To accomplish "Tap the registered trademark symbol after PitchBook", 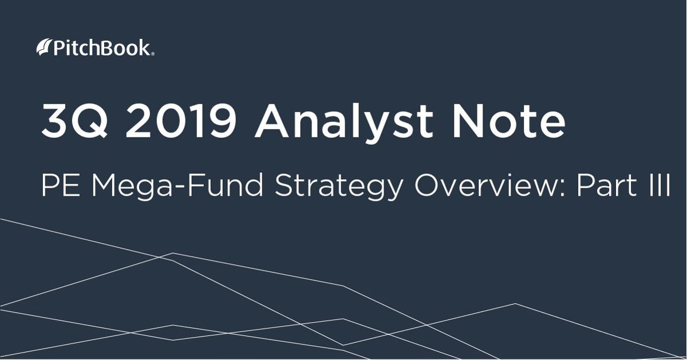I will (x=153, y=54).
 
